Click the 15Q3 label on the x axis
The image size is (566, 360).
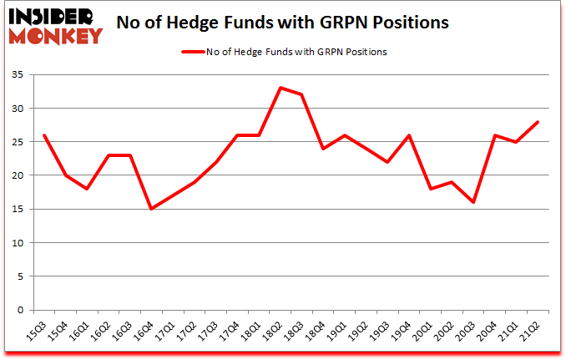pos(38,332)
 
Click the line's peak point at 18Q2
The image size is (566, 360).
pos(280,88)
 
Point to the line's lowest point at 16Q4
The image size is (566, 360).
pos(151,209)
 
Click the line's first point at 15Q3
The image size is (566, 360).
pos(43,135)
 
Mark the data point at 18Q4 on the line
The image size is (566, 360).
pos(323,149)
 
